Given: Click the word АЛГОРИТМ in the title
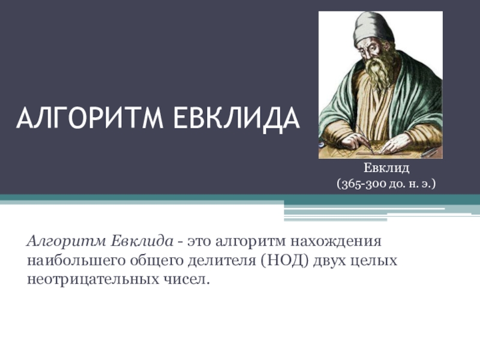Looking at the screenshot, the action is coord(89,118).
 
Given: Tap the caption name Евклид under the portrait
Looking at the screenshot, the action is coord(386,168).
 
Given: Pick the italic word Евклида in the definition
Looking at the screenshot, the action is coord(142,241).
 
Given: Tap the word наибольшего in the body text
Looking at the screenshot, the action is coord(76,261).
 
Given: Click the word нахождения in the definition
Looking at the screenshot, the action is coord(335,242).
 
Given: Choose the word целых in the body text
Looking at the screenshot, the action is coord(373,261).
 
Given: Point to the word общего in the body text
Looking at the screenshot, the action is coord(157,261).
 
